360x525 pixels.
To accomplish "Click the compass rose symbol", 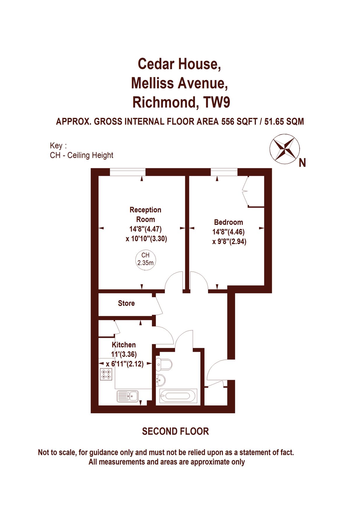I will (x=284, y=148).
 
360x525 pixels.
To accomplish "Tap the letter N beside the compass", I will (x=302, y=163).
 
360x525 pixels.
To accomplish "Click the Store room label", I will (x=126, y=303).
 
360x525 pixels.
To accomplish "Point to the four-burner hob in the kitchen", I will (x=106, y=374).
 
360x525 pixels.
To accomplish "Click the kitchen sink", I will (x=128, y=396).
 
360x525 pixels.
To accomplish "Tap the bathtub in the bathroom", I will (x=178, y=396).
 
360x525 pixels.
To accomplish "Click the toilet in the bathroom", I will (x=164, y=364).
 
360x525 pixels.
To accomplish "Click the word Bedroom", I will (x=228, y=222).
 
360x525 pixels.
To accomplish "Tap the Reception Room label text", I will (x=145, y=214).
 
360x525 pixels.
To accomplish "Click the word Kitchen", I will (x=124, y=345).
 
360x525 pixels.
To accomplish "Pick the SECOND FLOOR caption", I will (x=175, y=431).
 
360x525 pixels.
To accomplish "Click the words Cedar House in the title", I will (x=179, y=64).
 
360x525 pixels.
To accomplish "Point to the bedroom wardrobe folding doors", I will (x=245, y=191).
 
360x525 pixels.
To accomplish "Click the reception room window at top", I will (x=127, y=172).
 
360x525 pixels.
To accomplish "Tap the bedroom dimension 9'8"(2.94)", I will (x=229, y=242).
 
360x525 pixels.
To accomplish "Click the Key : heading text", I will (x=58, y=146).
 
